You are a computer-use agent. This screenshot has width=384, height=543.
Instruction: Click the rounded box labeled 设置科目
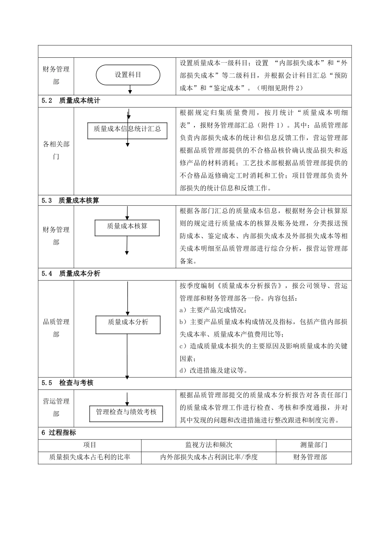(128, 75)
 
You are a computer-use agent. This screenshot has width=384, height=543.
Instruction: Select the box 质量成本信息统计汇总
(127, 129)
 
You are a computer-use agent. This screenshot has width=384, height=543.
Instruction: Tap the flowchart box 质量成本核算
(127, 227)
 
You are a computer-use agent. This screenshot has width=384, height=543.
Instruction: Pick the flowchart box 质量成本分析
(128, 323)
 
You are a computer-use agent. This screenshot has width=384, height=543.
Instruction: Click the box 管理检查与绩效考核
(126, 413)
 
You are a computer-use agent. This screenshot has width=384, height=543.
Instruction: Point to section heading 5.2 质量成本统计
(71, 101)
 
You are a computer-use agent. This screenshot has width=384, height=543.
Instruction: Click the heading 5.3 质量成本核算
(70, 200)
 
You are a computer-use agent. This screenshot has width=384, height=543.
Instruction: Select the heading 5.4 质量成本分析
(71, 274)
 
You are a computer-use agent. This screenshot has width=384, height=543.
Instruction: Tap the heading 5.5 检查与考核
(68, 383)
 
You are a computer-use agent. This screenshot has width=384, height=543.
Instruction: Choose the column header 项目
(90, 445)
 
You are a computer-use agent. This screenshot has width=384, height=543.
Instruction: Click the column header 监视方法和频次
(209, 445)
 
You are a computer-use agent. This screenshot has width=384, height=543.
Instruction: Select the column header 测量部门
(314, 445)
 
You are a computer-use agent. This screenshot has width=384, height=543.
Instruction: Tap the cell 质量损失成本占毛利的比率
(90, 457)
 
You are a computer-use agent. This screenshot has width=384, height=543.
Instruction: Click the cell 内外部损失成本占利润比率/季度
(209, 457)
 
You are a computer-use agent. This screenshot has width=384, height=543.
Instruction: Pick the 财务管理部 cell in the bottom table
(310, 457)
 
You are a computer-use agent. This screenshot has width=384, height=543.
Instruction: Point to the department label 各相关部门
(56, 150)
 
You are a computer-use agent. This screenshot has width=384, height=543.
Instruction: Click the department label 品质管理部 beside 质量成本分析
(56, 328)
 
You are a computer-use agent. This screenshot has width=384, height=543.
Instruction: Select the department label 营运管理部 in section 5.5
(56, 408)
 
